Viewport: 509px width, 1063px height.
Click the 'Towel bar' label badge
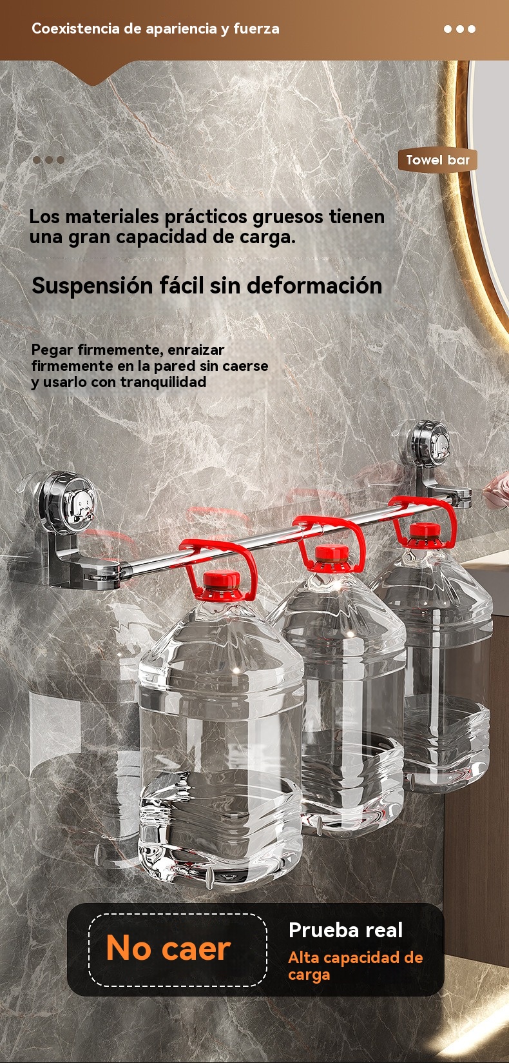tap(437, 160)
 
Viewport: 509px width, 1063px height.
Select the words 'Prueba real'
tap(345, 930)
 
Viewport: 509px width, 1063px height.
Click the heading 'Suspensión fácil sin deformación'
tap(207, 286)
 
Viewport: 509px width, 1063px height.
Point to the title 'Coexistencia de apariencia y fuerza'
tap(155, 28)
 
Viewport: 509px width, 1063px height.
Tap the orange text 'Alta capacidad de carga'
tap(356, 966)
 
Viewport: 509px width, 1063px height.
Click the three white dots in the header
tap(459, 29)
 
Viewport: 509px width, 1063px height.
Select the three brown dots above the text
tap(49, 160)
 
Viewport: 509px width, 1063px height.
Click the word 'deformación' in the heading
tap(314, 286)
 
